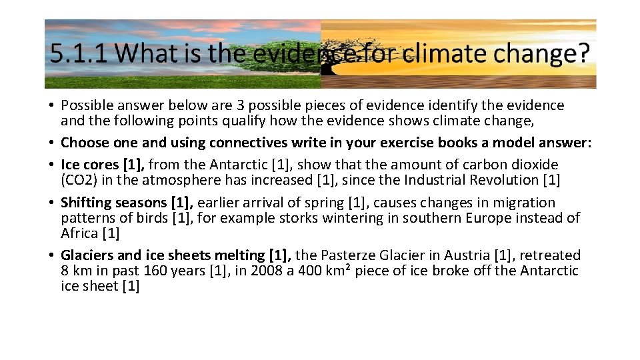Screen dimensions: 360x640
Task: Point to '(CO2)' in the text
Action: [x=79, y=179]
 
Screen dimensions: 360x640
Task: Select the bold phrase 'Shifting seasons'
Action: [x=113, y=202]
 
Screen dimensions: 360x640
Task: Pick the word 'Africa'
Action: [x=79, y=233]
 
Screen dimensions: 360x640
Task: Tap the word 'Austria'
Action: [x=468, y=255]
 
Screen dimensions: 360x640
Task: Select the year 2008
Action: [x=265, y=271]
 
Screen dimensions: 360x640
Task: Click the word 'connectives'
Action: [x=246, y=143]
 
